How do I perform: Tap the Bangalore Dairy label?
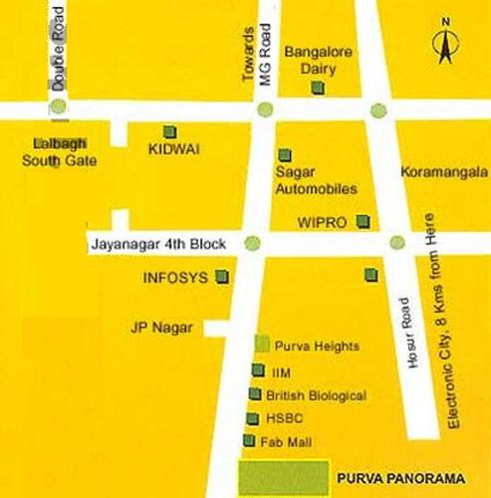[315, 59]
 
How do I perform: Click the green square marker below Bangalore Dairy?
[318, 89]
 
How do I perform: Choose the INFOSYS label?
[175, 278]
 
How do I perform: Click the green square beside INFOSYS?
[222, 277]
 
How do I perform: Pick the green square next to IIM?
[259, 371]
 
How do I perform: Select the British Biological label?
[317, 394]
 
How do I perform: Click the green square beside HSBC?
[253, 418]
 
